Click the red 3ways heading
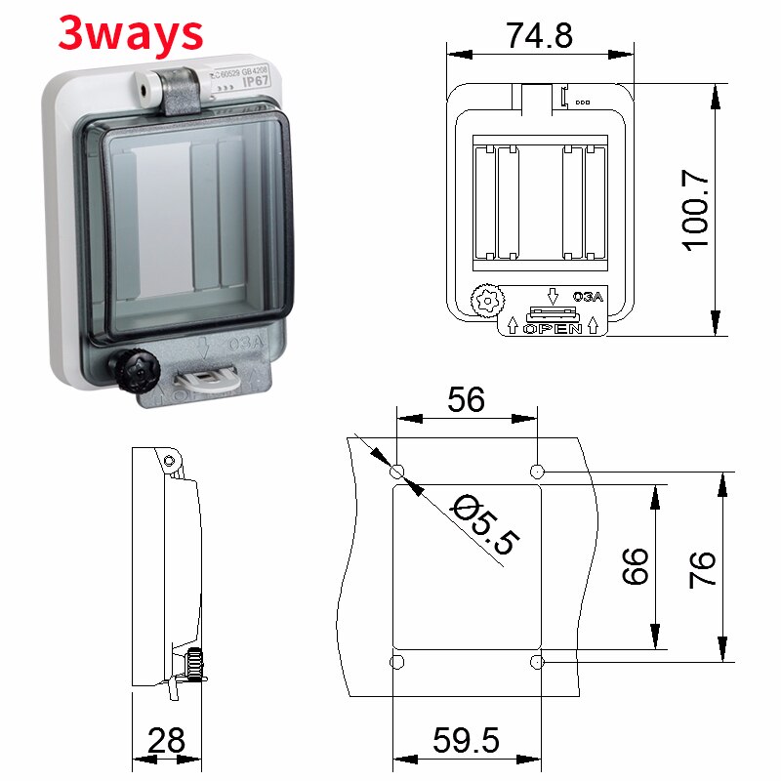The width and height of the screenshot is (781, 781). pos(131,33)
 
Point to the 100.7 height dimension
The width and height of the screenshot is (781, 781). pos(696,208)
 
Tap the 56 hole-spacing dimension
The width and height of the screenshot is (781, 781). pos(466,399)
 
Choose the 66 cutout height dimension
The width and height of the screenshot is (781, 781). pos(636,565)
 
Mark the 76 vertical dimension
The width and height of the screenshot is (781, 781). pos(703,567)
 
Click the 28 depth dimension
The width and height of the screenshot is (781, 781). pos(166,740)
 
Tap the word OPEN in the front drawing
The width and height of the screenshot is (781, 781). pos(553,328)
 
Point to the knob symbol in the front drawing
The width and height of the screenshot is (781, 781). pos(484,301)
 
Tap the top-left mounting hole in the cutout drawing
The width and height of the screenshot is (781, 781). pos(396,473)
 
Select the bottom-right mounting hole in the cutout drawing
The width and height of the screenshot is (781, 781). pos(536,663)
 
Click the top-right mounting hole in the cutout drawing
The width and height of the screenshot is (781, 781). pos(536,473)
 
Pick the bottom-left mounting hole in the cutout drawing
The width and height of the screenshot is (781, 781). pos(396,663)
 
